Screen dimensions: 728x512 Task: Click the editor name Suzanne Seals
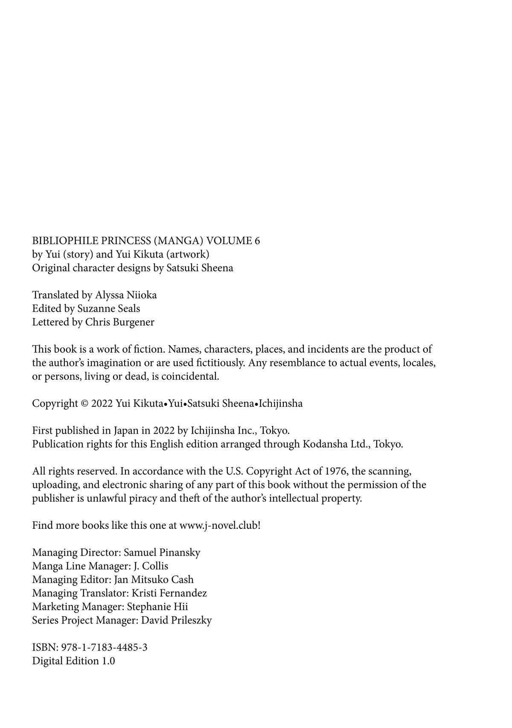108,309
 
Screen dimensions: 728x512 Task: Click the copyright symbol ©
84,404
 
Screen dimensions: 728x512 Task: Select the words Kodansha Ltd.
336,444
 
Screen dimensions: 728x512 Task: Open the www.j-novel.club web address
218,525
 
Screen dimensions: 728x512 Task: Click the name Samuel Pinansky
162,553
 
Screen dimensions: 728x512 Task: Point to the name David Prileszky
176,620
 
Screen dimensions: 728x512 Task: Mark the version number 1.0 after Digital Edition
108,661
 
